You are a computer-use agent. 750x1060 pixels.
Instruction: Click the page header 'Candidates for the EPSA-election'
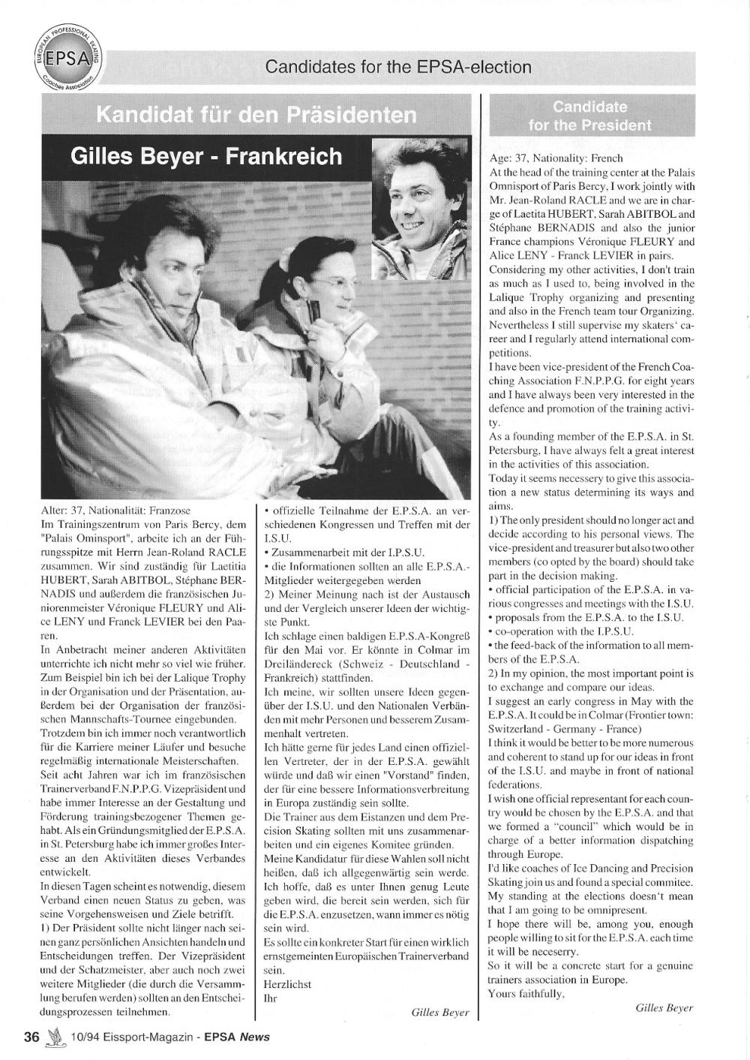coord(398,68)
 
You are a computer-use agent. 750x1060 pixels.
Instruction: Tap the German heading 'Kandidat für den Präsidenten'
coord(256,115)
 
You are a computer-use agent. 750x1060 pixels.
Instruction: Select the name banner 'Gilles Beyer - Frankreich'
coord(205,156)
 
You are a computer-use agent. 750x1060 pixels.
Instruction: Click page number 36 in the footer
coord(31,1037)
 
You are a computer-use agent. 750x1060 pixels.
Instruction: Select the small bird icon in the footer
coord(54,1037)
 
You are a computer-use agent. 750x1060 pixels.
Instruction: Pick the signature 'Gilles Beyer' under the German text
coord(440,1012)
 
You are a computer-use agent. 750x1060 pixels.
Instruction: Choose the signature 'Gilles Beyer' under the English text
coord(664,1008)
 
